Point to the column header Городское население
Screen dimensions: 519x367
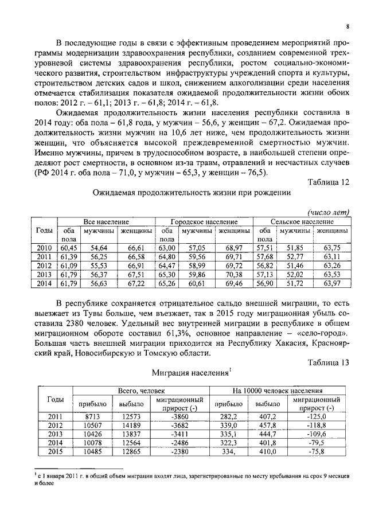(x=204, y=221)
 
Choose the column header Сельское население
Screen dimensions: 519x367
(x=302, y=221)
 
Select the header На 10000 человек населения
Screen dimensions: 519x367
(x=278, y=390)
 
